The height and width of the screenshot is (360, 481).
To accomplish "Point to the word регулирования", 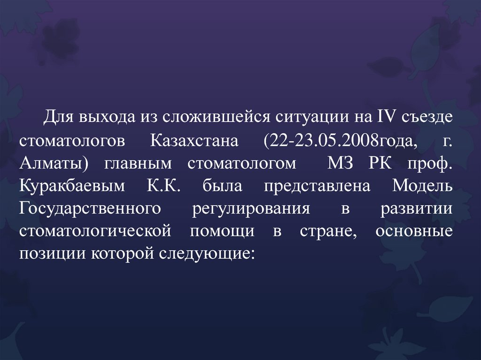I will click(x=251, y=208).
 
